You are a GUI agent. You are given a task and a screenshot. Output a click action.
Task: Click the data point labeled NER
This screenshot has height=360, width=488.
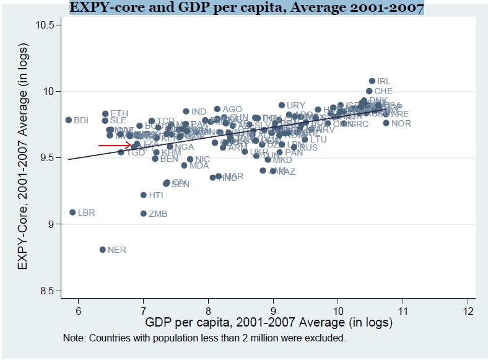coord(103,250)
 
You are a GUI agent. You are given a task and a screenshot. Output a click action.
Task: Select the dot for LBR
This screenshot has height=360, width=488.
coord(72,213)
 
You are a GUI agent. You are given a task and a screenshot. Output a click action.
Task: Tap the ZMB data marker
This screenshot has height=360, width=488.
coord(144,214)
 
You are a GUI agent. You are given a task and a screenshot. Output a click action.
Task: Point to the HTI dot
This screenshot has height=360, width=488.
coord(144,195)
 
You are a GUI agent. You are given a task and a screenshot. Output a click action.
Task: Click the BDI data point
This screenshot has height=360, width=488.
coord(69,120)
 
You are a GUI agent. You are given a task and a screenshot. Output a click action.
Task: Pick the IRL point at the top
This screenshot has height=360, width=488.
coord(372,81)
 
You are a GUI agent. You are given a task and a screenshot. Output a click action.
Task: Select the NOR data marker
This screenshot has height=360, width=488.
coord(386,123)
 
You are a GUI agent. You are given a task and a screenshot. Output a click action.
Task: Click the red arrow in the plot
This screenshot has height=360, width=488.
coord(115,146)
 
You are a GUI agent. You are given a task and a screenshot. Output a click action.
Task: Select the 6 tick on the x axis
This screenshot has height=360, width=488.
coord(78,310)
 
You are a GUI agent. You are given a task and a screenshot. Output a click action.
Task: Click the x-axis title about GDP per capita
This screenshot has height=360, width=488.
coord(268,323)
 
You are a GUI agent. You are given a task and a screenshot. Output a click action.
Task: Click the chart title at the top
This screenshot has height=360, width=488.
coord(246,8)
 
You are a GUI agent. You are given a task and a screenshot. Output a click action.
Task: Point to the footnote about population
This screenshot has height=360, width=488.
coord(204,338)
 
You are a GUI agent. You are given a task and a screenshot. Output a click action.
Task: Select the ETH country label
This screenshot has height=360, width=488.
coord(120,114)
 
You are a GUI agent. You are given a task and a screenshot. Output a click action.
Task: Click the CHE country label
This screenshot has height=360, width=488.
coord(383,92)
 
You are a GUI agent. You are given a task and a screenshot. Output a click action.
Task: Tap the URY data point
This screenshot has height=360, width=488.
coord(282,105)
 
